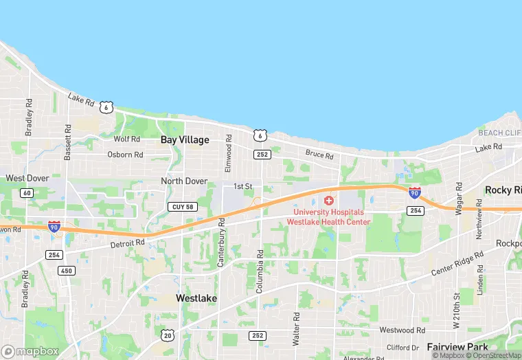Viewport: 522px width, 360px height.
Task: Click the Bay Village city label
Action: pyautogui.click(x=185, y=139)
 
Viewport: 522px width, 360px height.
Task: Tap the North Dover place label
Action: pyautogui.click(x=184, y=181)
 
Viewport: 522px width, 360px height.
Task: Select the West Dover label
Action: pyautogui.click(x=27, y=178)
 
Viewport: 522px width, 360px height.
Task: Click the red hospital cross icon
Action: pyautogui.click(x=329, y=201)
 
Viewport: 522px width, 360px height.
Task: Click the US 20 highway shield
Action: pyautogui.click(x=168, y=335)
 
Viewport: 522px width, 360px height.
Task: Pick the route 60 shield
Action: pyautogui.click(x=27, y=193)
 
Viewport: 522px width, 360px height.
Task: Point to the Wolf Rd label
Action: pyautogui.click(x=126, y=139)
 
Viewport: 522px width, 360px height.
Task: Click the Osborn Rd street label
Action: pyautogui.click(x=125, y=155)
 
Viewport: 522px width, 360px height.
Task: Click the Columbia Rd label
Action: pyautogui.click(x=260, y=272)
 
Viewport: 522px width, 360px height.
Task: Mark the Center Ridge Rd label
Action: pyautogui.click(x=458, y=263)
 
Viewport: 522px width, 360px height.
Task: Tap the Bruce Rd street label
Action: pyautogui.click(x=319, y=155)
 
